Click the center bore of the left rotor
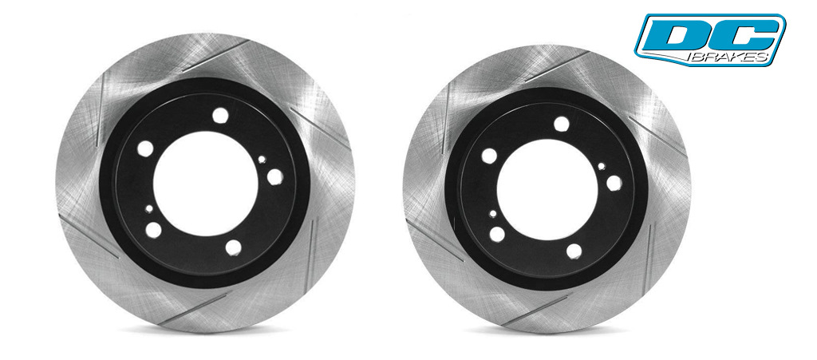pos(205,183)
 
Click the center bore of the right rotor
pos(547,190)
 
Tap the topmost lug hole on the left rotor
pos(220,115)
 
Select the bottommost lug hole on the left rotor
pos(234,247)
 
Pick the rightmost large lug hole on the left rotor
pos(275,176)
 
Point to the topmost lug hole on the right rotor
pos(562,124)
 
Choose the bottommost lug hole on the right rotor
pos(574,251)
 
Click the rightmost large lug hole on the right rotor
pos(614,183)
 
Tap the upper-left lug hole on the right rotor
pos(489,155)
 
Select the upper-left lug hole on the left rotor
pos(145,148)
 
